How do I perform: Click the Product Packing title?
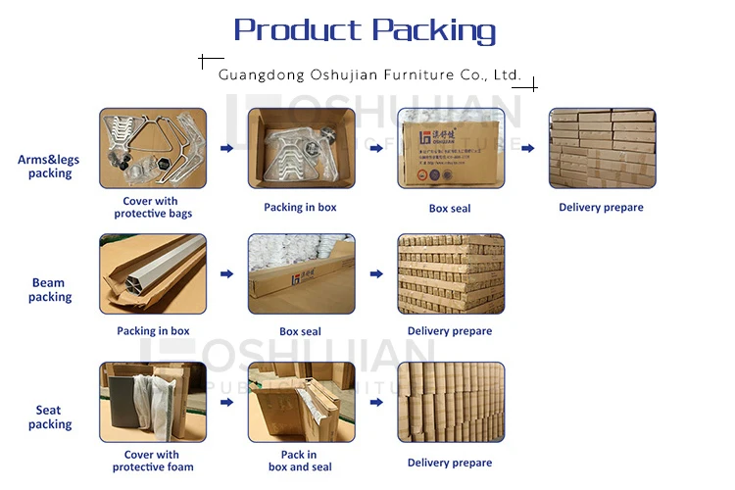[x=365, y=30]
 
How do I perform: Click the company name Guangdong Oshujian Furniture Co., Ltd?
[x=368, y=75]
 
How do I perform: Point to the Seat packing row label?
[x=49, y=417]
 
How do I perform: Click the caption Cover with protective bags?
[x=153, y=208]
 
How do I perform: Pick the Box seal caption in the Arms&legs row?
[x=450, y=208]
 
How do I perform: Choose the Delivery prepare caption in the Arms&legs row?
[x=601, y=208]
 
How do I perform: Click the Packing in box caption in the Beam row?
[x=153, y=331]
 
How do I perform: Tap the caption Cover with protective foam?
[x=153, y=461]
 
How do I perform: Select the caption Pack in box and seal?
[x=300, y=461]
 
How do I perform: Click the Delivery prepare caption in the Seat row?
[x=450, y=463]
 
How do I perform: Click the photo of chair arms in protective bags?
[x=153, y=149]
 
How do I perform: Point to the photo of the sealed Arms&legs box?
[x=451, y=149]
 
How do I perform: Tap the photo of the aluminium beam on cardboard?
[x=153, y=273]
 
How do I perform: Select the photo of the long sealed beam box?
[x=300, y=273]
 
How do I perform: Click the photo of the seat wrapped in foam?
[x=153, y=401]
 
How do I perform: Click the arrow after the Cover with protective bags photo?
[x=226, y=149]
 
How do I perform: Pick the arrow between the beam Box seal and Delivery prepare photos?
[x=376, y=274]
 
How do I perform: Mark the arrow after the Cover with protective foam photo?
[x=226, y=402]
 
